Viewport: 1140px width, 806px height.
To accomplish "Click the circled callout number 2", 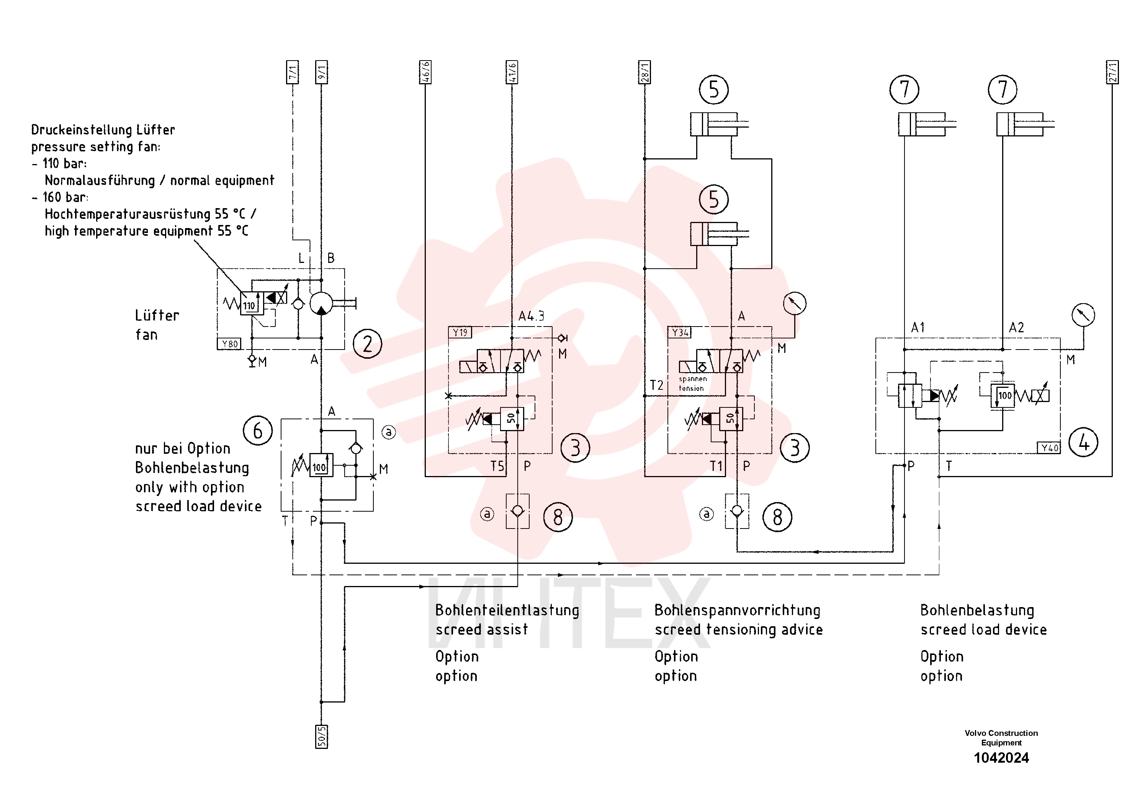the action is (x=367, y=344).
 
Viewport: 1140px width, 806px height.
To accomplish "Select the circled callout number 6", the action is (x=258, y=431).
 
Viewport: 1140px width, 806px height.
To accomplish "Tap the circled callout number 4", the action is (x=1083, y=443).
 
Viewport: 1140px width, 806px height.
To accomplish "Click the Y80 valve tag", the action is (x=229, y=344).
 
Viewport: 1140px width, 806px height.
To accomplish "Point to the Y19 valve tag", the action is (x=460, y=332).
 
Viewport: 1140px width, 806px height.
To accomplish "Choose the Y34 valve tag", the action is (x=680, y=332).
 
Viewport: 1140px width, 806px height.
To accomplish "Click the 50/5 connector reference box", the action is (x=321, y=736).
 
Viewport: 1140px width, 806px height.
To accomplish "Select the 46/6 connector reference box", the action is (x=425, y=72).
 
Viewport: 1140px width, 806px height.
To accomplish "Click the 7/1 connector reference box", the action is (x=293, y=72).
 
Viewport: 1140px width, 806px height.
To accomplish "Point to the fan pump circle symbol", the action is (x=321, y=303).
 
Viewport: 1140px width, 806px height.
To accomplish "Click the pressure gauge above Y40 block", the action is (x=1083, y=315).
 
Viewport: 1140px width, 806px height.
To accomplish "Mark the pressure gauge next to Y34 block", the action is (x=795, y=303).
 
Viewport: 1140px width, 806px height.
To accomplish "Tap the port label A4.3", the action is (x=531, y=316).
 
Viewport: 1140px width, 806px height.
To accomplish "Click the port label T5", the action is (x=497, y=466).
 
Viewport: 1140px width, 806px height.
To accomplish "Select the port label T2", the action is (x=656, y=385).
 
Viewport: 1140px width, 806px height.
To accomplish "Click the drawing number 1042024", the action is (x=1001, y=758).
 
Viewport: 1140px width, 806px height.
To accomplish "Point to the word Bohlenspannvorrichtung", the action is (x=737, y=610).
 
